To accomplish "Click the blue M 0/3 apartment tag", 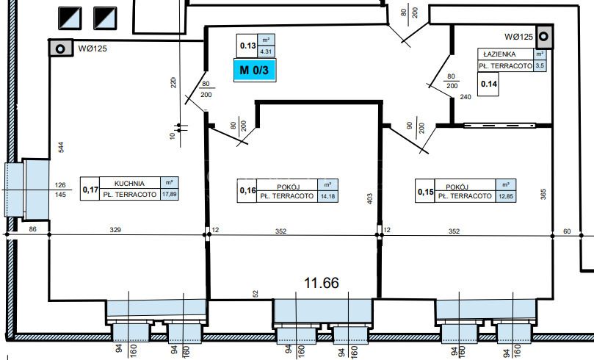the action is coord(255,70).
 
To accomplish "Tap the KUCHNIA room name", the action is coord(129,184).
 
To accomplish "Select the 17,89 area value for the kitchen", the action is coord(170,195).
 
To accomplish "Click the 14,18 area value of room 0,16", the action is coord(327,197).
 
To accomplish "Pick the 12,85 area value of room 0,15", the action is coord(506,197).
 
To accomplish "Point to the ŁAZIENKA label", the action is coord(500,54).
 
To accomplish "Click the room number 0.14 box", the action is coord(488,84).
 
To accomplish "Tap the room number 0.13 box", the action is coord(247,46).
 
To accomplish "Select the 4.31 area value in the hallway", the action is coord(266,51).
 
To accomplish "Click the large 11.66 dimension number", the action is coord(322,283).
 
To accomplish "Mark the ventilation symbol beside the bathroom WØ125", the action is coord(543,37).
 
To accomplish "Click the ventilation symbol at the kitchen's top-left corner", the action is coord(60,48).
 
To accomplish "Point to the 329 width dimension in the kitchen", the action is coord(115,230).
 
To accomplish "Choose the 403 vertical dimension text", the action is coord(370,199).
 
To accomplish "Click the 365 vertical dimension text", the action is coord(543,195).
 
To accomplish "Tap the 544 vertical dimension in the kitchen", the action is coord(61,148).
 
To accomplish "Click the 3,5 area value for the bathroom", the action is coord(540,65).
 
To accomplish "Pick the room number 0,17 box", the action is coord(90,189).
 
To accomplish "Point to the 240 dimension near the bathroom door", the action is coord(466,97).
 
